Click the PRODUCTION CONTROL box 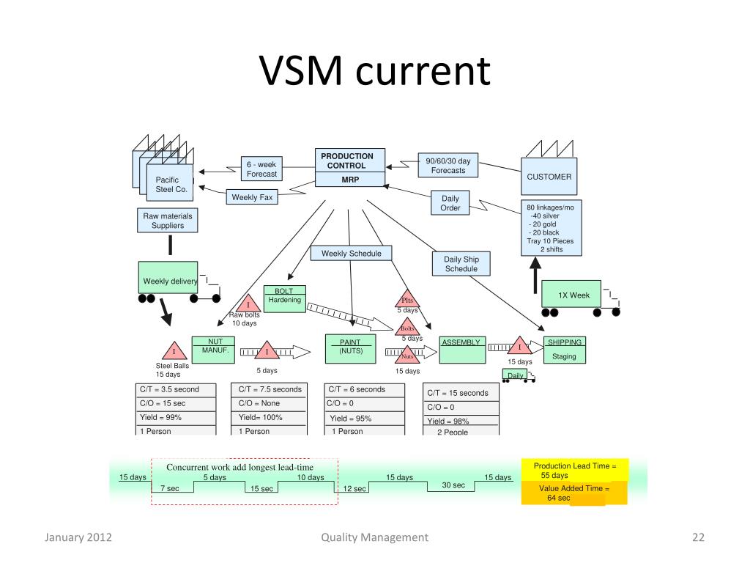tap(350, 169)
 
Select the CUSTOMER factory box tap(549, 177)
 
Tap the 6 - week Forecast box tap(261, 169)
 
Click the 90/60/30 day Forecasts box tap(448, 166)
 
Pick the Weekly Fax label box tap(252, 197)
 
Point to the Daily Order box tap(450, 203)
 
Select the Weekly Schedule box tap(351, 254)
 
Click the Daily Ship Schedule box tap(461, 264)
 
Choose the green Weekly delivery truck tap(168, 279)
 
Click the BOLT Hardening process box tap(284, 299)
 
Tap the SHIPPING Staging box tap(565, 350)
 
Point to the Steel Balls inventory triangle tap(174, 352)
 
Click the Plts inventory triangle tap(408, 300)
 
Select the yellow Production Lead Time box tap(575, 471)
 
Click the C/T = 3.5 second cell tap(175, 390)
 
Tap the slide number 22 tap(697, 538)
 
